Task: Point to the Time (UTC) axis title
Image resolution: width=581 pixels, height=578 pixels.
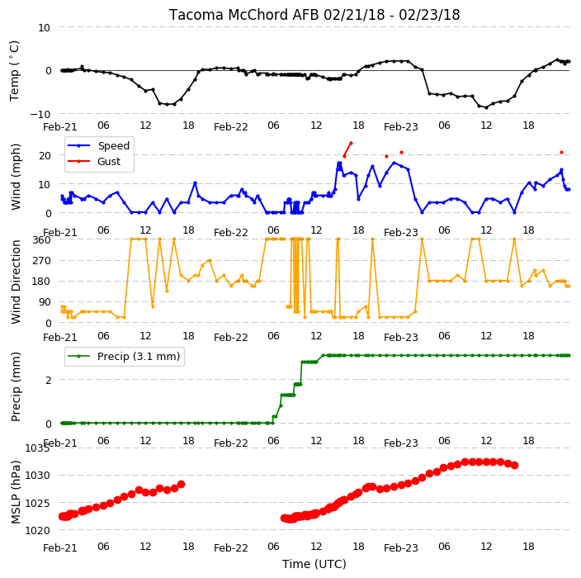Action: (x=314, y=564)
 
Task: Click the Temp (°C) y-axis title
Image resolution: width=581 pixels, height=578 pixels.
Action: (x=14, y=71)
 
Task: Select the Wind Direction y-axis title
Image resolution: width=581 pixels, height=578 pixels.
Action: (x=16, y=282)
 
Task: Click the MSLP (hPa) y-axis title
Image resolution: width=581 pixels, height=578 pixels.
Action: (x=16, y=492)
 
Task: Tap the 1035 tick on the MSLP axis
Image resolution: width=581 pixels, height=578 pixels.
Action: (x=37, y=448)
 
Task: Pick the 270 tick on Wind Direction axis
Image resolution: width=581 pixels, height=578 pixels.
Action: (x=41, y=261)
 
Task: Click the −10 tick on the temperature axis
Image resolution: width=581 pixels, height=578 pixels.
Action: (x=40, y=114)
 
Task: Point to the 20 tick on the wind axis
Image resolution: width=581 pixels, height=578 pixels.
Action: (x=45, y=156)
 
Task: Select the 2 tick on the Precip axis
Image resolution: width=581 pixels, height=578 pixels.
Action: (x=48, y=381)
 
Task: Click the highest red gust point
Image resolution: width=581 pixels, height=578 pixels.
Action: (x=351, y=143)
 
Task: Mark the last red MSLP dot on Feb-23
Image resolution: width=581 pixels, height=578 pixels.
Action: (x=515, y=466)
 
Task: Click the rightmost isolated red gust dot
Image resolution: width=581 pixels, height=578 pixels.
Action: (x=561, y=153)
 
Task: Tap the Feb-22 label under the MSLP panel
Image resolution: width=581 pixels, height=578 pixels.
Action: (x=231, y=548)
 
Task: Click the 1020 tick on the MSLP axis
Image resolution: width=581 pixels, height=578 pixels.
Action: (x=37, y=531)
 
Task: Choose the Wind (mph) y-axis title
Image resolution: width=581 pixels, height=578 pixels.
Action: (x=16, y=178)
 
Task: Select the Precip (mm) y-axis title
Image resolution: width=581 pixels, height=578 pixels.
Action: (x=16, y=387)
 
